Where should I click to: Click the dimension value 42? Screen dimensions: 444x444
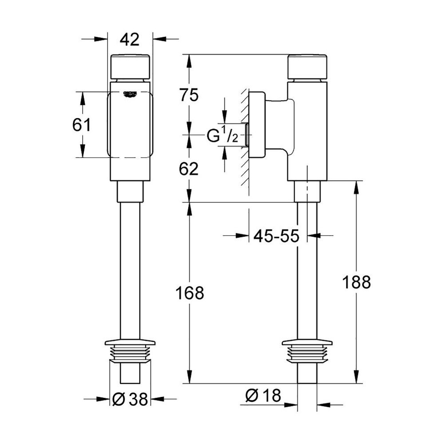point(130,40)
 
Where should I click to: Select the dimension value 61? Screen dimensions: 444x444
point(82,125)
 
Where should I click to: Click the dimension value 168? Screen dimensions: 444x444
point(190,293)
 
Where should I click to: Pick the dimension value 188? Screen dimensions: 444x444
point(356,282)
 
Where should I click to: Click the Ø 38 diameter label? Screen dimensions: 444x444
point(130,400)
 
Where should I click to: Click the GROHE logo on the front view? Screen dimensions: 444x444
point(131,94)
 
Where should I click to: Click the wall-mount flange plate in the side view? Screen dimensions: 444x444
point(257,125)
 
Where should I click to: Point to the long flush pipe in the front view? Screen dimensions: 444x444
point(130,271)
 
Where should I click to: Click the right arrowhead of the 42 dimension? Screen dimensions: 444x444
point(158,40)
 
